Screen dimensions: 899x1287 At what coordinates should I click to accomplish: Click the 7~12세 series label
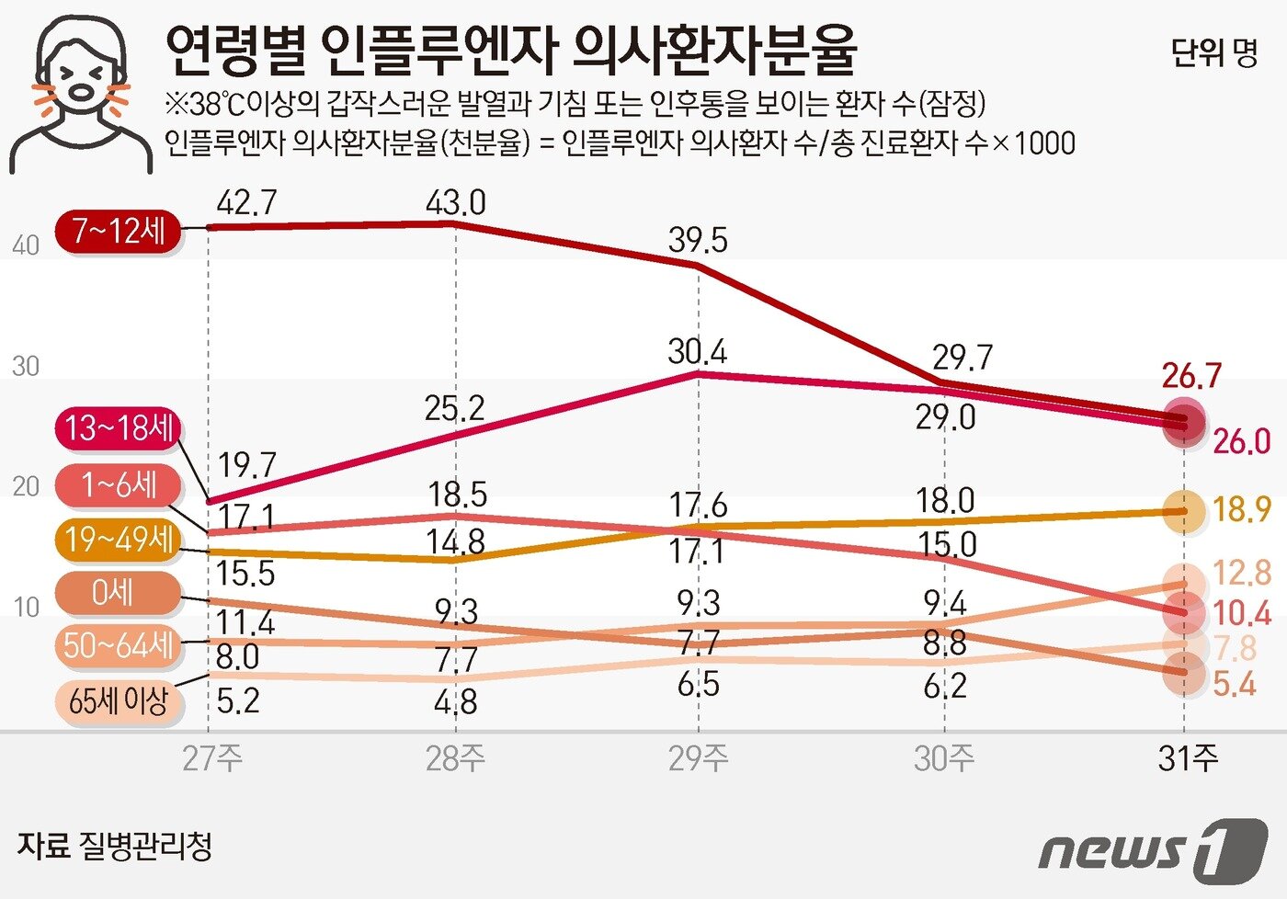pyautogui.click(x=118, y=230)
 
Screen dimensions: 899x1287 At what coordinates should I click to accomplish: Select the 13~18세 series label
pyautogui.click(x=119, y=428)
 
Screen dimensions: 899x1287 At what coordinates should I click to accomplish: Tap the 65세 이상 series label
pyautogui.click(x=119, y=701)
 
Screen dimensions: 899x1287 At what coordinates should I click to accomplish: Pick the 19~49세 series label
pyautogui.click(x=119, y=540)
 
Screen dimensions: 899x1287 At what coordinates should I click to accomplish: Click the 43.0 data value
pyautogui.click(x=455, y=203)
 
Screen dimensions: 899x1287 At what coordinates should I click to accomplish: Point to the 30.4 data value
pyautogui.click(x=697, y=352)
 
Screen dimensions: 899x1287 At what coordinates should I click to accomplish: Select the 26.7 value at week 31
pyautogui.click(x=1191, y=376)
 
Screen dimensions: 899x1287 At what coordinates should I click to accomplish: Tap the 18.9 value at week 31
pyautogui.click(x=1242, y=509)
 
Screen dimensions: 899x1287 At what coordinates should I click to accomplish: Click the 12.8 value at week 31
pyautogui.click(x=1242, y=573)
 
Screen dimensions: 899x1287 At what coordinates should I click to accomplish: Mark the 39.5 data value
pyautogui.click(x=698, y=241)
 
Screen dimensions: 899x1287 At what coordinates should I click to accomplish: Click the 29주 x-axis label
pyautogui.click(x=698, y=758)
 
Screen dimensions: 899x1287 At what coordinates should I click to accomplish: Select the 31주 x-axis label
pyautogui.click(x=1188, y=758)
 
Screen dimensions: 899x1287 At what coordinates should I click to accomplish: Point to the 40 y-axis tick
pyautogui.click(x=26, y=245)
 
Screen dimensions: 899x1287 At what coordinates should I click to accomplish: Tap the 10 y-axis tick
pyautogui.click(x=26, y=608)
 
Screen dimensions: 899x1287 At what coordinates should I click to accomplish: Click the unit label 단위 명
pyautogui.click(x=1213, y=52)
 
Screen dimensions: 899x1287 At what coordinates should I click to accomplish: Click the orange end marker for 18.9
pyautogui.click(x=1183, y=511)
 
